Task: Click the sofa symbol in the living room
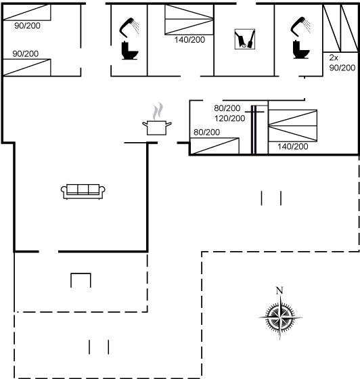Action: tap(83, 192)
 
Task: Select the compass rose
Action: tap(280, 317)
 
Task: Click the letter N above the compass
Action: tap(279, 290)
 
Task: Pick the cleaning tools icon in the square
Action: tap(245, 39)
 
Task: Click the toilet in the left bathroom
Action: tap(129, 51)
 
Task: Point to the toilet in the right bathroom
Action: tap(301, 49)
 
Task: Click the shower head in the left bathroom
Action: tap(129, 27)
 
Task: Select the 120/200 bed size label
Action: tap(230, 118)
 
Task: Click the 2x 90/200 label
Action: tap(342, 63)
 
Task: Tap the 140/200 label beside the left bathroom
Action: tap(189, 40)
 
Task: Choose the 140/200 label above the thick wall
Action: tap(292, 146)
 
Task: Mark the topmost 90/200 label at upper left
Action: tap(27, 26)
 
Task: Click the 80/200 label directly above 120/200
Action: tap(227, 108)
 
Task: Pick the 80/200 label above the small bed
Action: tap(207, 132)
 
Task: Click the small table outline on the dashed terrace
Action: tap(81, 273)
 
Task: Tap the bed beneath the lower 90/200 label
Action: tap(27, 68)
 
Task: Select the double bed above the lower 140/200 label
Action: tap(292, 126)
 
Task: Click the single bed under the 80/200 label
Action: tap(215, 146)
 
